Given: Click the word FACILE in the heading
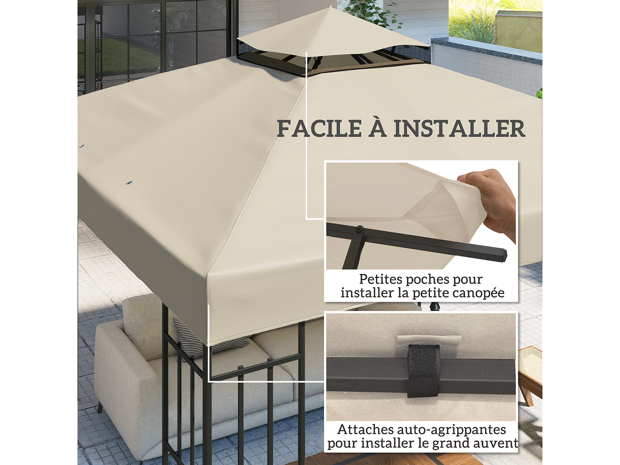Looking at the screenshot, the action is click(319, 129).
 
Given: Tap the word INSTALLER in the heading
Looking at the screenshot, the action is click(459, 129).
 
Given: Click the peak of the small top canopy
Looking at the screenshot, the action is click(331, 6).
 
